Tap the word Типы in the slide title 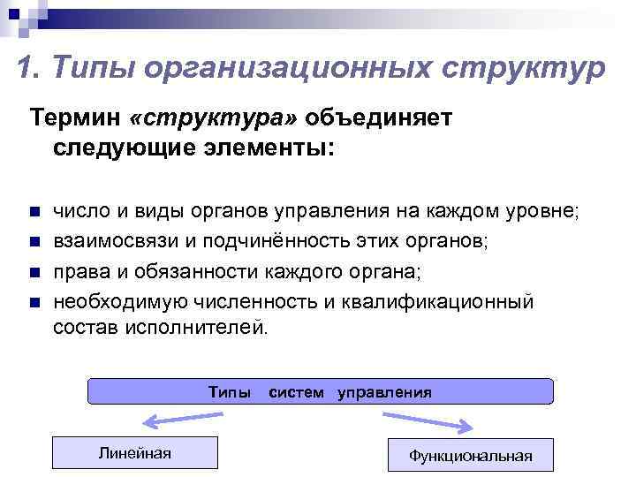click(89, 69)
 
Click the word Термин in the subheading click(76, 119)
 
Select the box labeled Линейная click(134, 453)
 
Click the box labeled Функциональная click(470, 455)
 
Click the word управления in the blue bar click(384, 391)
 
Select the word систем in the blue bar click(296, 391)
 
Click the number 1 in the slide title click(25, 69)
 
